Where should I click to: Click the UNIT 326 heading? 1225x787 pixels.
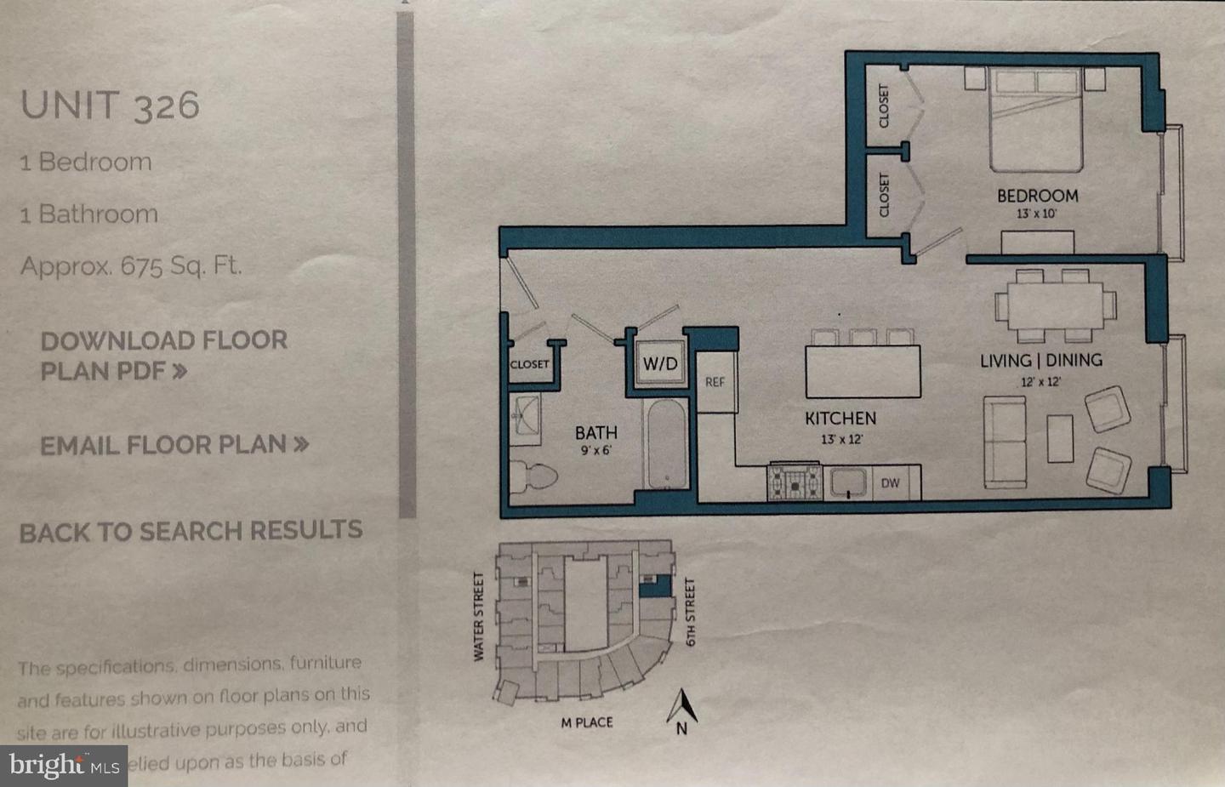[110, 105]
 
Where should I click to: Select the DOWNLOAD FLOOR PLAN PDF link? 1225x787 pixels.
[163, 356]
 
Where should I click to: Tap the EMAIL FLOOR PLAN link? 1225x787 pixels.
[174, 444]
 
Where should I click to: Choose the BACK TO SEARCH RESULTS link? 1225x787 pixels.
[191, 532]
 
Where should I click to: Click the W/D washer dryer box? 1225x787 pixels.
[660, 364]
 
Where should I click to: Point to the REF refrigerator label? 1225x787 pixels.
[715, 382]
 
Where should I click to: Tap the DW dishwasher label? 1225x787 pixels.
[890, 483]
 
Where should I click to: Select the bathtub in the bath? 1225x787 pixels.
[667, 444]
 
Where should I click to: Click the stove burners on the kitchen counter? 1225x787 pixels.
[795, 482]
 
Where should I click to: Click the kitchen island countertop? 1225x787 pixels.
[863, 371]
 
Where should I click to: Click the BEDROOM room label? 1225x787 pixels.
[1037, 196]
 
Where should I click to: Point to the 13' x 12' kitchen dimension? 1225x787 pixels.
[841, 440]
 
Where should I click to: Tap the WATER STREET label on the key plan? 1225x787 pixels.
[478, 616]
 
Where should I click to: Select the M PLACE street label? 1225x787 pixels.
[586, 722]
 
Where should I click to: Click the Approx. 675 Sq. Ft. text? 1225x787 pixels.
[131, 266]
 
